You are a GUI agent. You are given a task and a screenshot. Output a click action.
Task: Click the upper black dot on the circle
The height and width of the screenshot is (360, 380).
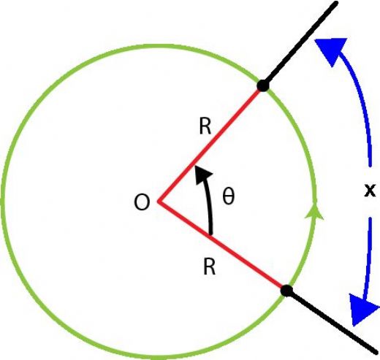(x=263, y=86)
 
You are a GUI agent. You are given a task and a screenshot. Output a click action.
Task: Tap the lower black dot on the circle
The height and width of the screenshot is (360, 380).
(x=286, y=291)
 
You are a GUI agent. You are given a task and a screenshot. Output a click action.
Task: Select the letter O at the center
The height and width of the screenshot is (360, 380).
(x=142, y=202)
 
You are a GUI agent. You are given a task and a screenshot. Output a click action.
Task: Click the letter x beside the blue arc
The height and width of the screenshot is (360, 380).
(x=370, y=190)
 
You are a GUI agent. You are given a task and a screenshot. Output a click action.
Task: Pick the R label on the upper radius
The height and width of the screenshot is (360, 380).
(x=205, y=126)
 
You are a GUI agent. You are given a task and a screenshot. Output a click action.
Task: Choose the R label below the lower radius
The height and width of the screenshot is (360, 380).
(x=210, y=267)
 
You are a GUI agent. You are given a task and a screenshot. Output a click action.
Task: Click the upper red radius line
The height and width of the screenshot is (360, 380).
(x=210, y=145)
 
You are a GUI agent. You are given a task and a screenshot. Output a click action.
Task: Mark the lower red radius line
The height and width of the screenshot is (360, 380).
(x=221, y=245)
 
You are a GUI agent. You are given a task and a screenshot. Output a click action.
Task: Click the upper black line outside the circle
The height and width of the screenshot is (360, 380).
(x=300, y=44)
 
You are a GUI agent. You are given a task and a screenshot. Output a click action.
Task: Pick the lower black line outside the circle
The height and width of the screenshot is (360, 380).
(x=332, y=321)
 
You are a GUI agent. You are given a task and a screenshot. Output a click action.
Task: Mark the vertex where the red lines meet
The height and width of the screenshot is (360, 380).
(x=159, y=202)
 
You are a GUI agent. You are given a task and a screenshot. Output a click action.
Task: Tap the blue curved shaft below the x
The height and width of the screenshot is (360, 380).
(x=369, y=258)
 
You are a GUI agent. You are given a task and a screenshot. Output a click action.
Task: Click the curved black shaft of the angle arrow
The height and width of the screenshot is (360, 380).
(x=209, y=207)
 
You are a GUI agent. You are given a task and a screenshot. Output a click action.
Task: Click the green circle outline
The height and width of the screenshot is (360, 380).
(x=2, y=202)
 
